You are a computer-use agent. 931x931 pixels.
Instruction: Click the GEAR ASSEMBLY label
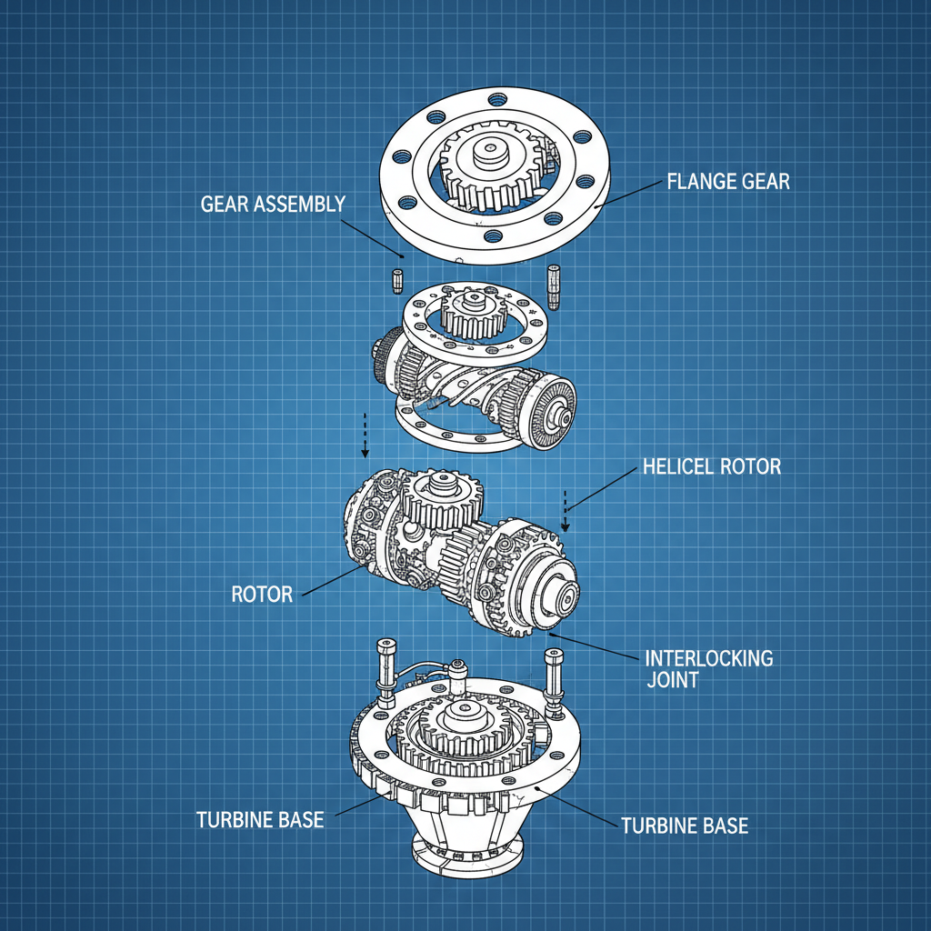pyautogui.click(x=272, y=203)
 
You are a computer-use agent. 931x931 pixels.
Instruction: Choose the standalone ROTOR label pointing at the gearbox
pyautogui.click(x=262, y=595)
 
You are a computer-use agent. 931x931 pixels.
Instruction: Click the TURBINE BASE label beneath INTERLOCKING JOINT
pyautogui.click(x=684, y=826)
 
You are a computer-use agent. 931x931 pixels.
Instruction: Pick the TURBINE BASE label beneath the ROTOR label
pyautogui.click(x=260, y=819)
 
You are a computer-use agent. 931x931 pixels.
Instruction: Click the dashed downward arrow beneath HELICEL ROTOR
pyautogui.click(x=566, y=511)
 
